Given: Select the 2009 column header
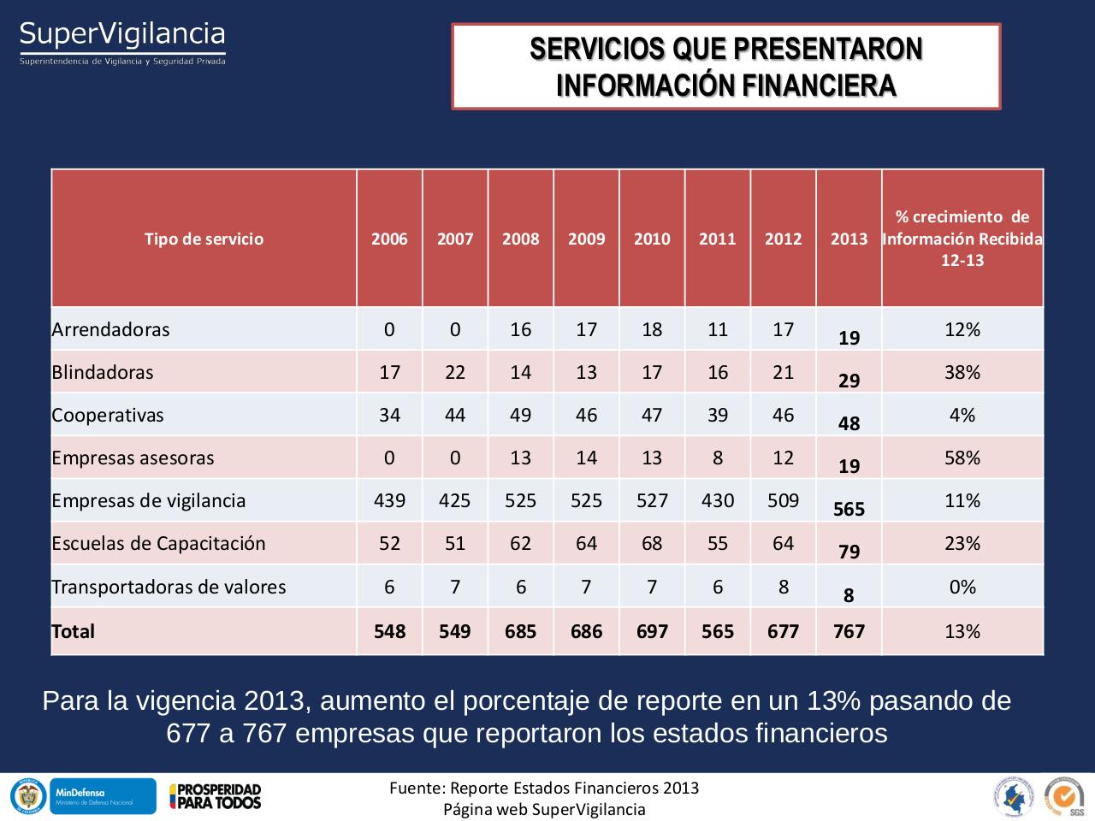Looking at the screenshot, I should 586,239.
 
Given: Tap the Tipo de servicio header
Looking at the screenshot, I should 204,239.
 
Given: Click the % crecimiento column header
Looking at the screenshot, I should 962,239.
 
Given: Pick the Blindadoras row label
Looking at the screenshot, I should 103,372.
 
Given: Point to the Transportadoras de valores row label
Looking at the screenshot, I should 169,587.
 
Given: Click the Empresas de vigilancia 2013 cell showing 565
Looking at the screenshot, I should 849,509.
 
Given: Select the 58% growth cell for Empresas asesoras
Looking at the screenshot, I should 962,458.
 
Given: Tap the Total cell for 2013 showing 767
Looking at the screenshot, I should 849,631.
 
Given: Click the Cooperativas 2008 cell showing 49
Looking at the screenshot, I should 520,415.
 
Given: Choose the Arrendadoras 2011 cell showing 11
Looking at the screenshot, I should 717,329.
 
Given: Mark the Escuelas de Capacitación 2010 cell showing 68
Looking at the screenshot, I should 652,543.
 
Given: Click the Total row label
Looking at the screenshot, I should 74,631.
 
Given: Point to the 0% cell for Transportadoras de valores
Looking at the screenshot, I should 962,587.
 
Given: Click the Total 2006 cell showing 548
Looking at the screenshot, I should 389,631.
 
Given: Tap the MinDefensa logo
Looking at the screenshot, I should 103,796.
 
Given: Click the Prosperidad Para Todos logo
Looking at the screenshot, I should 215,796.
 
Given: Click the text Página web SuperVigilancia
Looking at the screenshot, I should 544,809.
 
